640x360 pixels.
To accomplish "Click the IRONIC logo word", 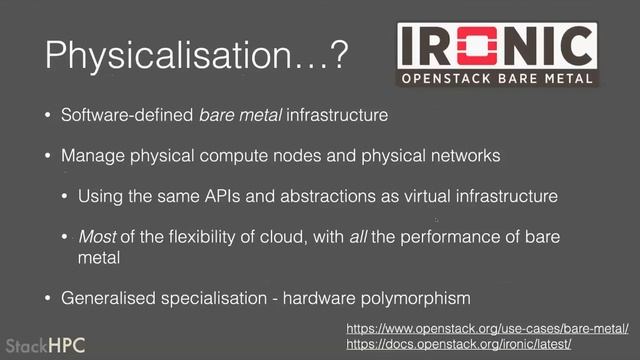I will [496, 45].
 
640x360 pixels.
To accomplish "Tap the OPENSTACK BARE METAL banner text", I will [496, 77].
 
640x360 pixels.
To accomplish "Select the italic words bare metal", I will [237, 116].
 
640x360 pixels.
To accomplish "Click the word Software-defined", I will [128, 116].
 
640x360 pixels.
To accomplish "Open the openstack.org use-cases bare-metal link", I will [487, 328].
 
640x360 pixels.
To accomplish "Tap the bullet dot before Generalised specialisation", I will [46, 298].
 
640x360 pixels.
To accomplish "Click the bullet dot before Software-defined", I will [46, 116].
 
